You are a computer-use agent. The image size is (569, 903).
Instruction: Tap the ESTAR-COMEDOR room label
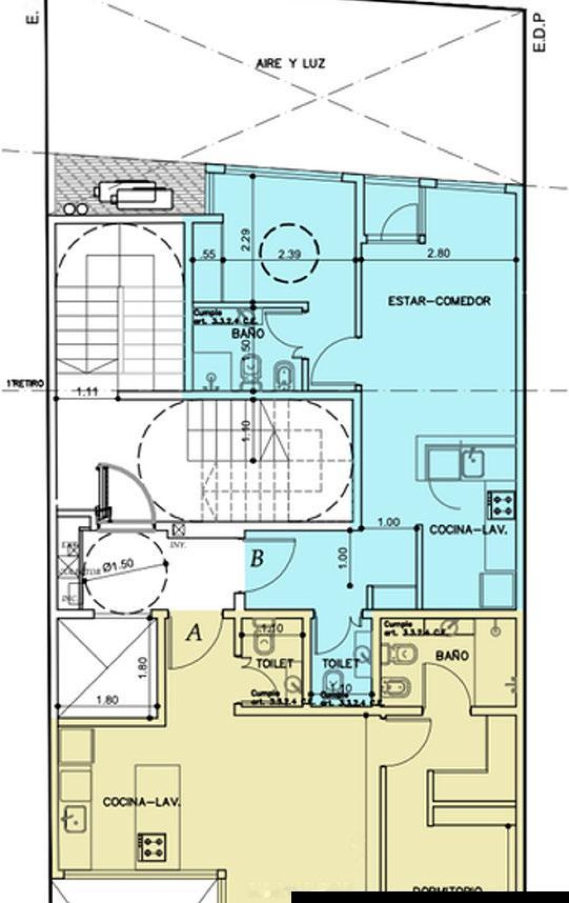coord(439,301)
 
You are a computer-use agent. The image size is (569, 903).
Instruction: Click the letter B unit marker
coord(257,558)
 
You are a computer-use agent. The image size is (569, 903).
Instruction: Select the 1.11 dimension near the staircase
coord(87,391)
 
